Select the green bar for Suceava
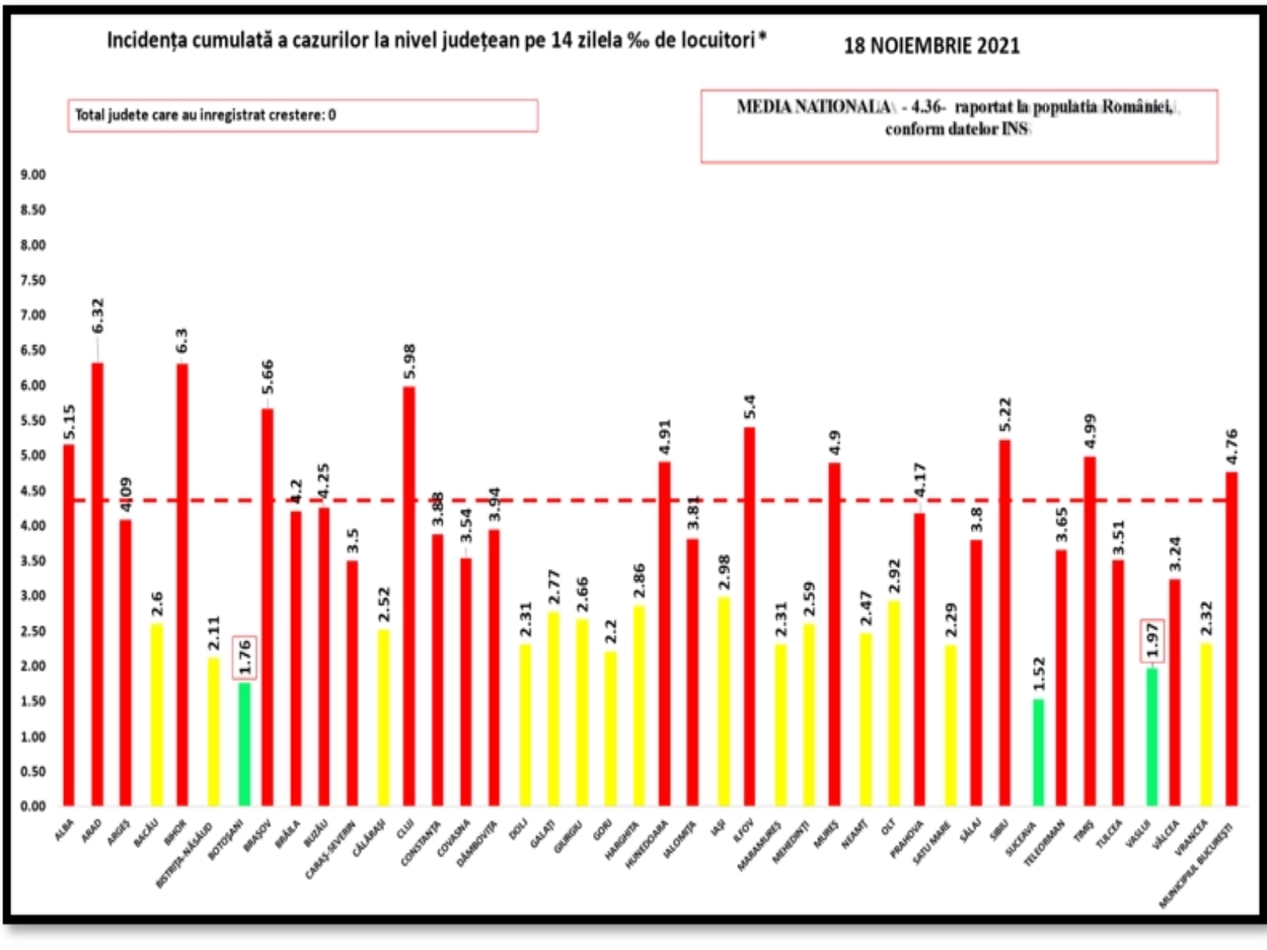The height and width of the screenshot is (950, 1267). [1038, 752]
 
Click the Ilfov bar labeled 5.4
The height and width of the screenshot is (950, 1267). [749, 617]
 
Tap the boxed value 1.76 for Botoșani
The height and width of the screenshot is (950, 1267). [245, 657]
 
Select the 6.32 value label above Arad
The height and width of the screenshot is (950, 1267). [97, 315]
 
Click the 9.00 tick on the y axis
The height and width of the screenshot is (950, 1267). [33, 175]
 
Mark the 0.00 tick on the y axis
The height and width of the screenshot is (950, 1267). [33, 806]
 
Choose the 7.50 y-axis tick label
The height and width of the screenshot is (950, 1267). [33, 280]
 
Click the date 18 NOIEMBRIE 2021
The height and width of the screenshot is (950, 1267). [931, 46]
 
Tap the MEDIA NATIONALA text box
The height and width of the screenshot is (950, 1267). [958, 126]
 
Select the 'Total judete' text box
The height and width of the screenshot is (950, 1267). [302, 116]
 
